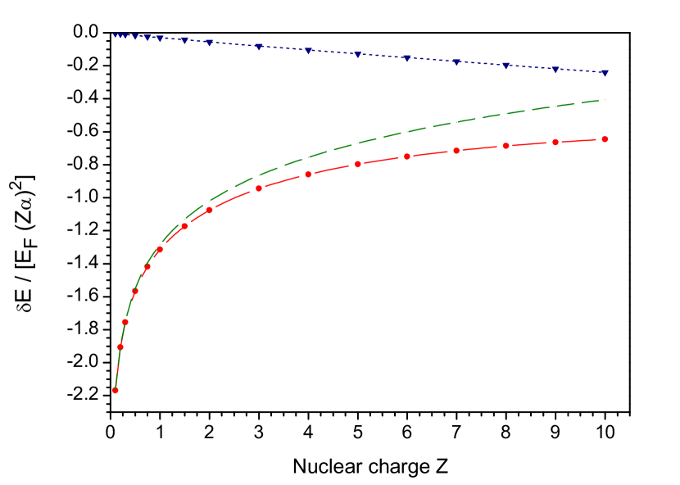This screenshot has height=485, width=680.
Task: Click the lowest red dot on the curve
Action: click(x=116, y=390)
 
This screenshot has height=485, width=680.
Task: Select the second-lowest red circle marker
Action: click(x=120, y=347)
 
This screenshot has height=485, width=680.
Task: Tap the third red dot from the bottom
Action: click(x=125, y=322)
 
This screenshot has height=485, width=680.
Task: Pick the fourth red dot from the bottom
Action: click(x=135, y=292)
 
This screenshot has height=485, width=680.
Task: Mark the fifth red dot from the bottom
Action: click(x=147, y=266)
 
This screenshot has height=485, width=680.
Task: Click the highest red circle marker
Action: click(x=605, y=139)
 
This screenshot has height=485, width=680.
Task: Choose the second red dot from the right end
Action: click(x=555, y=143)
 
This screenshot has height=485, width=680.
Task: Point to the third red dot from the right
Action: click(x=506, y=146)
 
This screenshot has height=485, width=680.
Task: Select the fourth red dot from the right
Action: click(x=456, y=151)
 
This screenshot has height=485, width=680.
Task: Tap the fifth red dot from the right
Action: click(x=407, y=156)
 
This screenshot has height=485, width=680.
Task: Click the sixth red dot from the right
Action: click(x=358, y=164)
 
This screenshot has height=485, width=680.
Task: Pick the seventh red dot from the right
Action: click(x=308, y=175)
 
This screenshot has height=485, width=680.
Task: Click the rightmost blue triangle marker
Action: click(x=605, y=73)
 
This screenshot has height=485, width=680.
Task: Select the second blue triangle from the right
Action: click(x=555, y=70)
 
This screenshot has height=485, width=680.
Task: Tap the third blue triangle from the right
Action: click(x=506, y=66)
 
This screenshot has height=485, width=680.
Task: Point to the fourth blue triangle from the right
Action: click(x=456, y=62)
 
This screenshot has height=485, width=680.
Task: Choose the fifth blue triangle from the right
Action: click(x=407, y=58)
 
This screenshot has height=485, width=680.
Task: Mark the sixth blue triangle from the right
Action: click(x=358, y=55)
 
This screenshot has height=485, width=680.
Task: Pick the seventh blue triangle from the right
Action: click(x=308, y=51)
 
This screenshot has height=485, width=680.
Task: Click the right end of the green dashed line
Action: click(x=605, y=100)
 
